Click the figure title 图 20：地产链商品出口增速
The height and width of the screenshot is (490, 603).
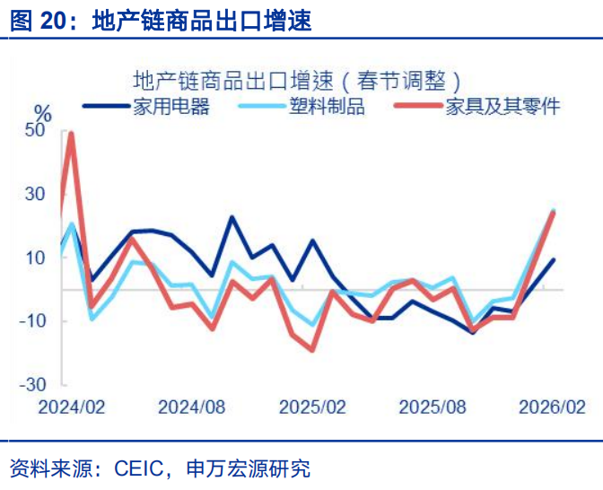[x=162, y=20]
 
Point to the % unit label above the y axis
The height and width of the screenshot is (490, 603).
[x=42, y=112]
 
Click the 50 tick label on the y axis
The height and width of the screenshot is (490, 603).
[x=35, y=132]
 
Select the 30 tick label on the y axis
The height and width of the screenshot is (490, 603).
[x=35, y=195]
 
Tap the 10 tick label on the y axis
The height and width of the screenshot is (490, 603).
[x=35, y=258]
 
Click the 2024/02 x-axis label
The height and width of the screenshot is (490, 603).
[x=71, y=407]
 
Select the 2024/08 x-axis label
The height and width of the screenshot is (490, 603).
[x=191, y=407]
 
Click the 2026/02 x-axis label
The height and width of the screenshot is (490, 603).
[x=553, y=407]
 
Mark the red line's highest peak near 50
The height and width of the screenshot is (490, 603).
[x=71, y=134]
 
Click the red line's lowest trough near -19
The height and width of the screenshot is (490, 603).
[x=312, y=350]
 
